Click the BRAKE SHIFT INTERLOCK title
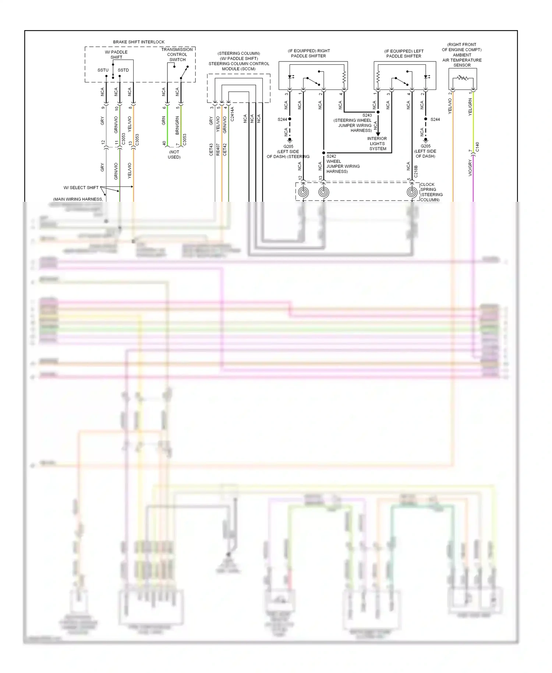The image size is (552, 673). [x=139, y=42]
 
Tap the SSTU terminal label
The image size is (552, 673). [x=103, y=70]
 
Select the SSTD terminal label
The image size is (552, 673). [x=123, y=70]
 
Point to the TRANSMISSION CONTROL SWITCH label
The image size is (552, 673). [x=177, y=54]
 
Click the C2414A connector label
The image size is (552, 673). [x=232, y=114]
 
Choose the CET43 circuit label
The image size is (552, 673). [x=211, y=149]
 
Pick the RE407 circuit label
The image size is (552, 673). [x=218, y=149]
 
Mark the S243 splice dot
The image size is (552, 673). [x=378, y=112]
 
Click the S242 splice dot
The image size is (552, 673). [x=324, y=153]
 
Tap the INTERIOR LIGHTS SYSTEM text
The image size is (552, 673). [x=377, y=144]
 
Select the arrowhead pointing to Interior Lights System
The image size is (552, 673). [x=378, y=134]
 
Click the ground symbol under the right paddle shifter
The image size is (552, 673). [x=290, y=140]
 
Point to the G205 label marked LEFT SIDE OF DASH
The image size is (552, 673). [x=425, y=151]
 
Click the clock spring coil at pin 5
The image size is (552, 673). [x=412, y=192]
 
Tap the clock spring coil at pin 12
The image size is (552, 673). [x=303, y=192]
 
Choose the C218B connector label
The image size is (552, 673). [x=416, y=172]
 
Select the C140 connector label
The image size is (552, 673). [x=477, y=147]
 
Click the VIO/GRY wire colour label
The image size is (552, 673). [x=470, y=168]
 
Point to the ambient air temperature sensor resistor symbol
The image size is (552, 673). [x=463, y=78]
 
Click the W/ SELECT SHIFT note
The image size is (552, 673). [x=81, y=188]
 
